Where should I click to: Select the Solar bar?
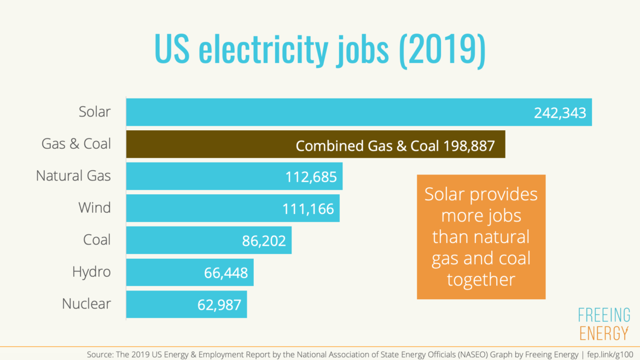[328, 112]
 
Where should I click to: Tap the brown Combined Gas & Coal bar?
[219, 144]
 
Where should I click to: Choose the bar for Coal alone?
[181, 240]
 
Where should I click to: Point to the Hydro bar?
[164, 272]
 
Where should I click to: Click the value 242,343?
[560, 113]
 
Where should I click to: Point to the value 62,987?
[219, 305]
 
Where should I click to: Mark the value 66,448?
[225, 272]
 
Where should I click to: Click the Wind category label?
[95, 208]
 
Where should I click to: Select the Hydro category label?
[91, 272]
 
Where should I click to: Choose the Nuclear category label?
[86, 304]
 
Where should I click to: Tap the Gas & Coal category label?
[77, 144]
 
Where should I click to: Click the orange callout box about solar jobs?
[481, 237]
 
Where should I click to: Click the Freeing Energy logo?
[604, 324]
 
